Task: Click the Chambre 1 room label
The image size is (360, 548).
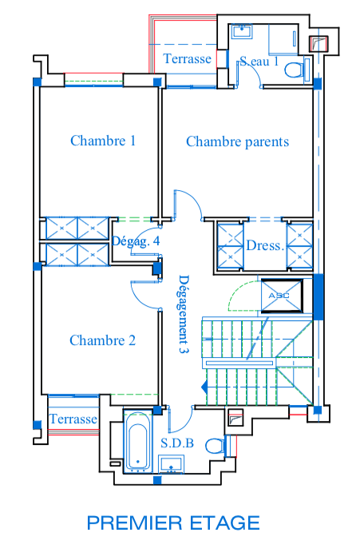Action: [103, 141]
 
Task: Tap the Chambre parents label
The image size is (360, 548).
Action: [237, 141]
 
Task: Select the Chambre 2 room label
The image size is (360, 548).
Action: [102, 340]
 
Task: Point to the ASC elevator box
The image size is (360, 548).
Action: [282, 296]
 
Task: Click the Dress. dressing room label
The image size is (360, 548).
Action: [265, 245]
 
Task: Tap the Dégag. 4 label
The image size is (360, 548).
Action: [136, 241]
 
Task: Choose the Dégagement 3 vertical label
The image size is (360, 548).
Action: [184, 314]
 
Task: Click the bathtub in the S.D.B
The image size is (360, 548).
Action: [139, 442]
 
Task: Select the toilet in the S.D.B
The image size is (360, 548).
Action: [215, 446]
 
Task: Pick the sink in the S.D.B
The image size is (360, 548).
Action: [171, 464]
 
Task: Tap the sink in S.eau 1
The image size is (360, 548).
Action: [242, 31]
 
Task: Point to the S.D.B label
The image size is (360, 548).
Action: [177, 443]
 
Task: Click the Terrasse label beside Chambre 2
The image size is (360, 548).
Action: [73, 419]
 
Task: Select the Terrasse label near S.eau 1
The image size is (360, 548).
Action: [187, 59]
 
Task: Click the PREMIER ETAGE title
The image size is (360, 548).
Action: [173, 522]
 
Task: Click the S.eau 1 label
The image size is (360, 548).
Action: [259, 62]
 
